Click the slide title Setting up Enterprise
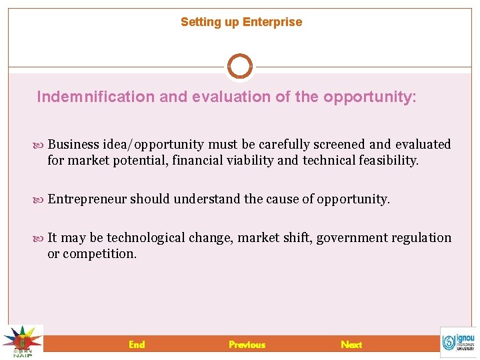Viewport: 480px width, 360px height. (x=241, y=22)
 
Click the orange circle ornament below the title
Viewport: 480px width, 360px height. (x=240, y=67)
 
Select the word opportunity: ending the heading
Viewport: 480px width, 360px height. (x=369, y=97)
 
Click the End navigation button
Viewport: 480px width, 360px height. (x=137, y=345)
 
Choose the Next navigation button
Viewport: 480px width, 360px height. (x=351, y=345)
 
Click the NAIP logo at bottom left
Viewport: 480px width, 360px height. (x=21, y=342)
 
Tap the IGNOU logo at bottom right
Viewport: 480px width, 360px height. (x=458, y=342)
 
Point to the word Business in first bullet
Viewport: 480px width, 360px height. (x=73, y=145)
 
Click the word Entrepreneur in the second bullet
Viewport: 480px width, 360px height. (x=87, y=199)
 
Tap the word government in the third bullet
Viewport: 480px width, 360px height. (x=347, y=238)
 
